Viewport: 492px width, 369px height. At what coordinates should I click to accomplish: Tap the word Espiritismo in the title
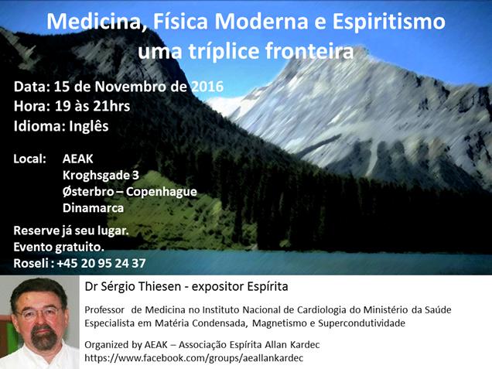(x=388, y=22)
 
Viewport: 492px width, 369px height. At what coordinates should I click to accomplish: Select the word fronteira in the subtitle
(x=309, y=51)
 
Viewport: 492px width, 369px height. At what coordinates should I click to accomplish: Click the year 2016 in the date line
(x=207, y=87)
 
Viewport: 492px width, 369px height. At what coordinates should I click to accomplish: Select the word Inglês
(x=88, y=126)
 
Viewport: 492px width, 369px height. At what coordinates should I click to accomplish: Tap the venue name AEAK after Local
(x=78, y=159)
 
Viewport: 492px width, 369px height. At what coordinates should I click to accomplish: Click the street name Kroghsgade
(x=97, y=176)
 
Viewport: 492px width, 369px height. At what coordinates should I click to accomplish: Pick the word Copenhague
(x=161, y=192)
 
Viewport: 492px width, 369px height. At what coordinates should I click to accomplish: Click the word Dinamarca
(x=93, y=208)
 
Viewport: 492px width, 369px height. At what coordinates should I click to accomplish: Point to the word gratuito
(x=80, y=248)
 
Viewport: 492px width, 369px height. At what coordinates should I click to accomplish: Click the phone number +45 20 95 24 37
(x=101, y=263)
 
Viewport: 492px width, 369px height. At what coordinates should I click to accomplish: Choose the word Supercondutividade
(x=361, y=323)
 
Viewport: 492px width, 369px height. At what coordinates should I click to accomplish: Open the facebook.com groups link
(x=194, y=358)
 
